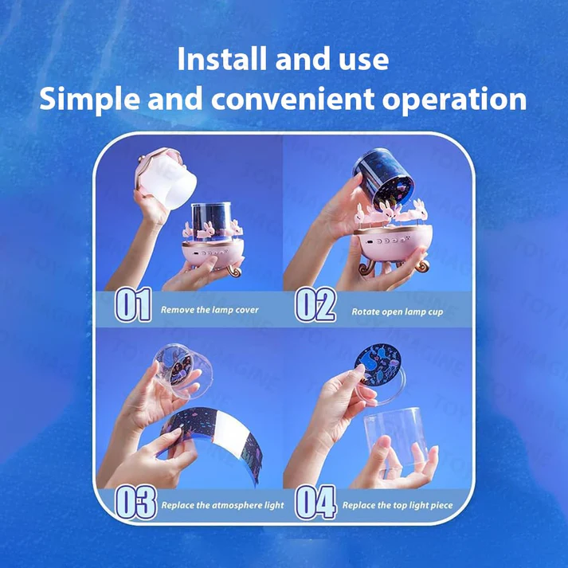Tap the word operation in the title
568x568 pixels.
tap(454, 100)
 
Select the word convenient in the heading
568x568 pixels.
tap(292, 99)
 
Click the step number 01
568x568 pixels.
tap(133, 304)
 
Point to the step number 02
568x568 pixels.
tap(315, 304)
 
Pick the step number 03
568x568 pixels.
tap(135, 503)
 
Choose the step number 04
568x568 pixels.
tap(315, 503)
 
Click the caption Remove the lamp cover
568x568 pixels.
tap(210, 310)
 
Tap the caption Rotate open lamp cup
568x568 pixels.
tap(398, 312)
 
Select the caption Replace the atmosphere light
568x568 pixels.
tap(223, 505)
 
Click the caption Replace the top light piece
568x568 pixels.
tap(398, 505)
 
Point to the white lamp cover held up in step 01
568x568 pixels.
tap(166, 178)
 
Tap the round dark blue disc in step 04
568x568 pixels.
tap(378, 364)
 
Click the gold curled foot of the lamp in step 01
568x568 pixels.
tap(235, 270)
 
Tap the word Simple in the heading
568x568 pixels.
tap(89, 100)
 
